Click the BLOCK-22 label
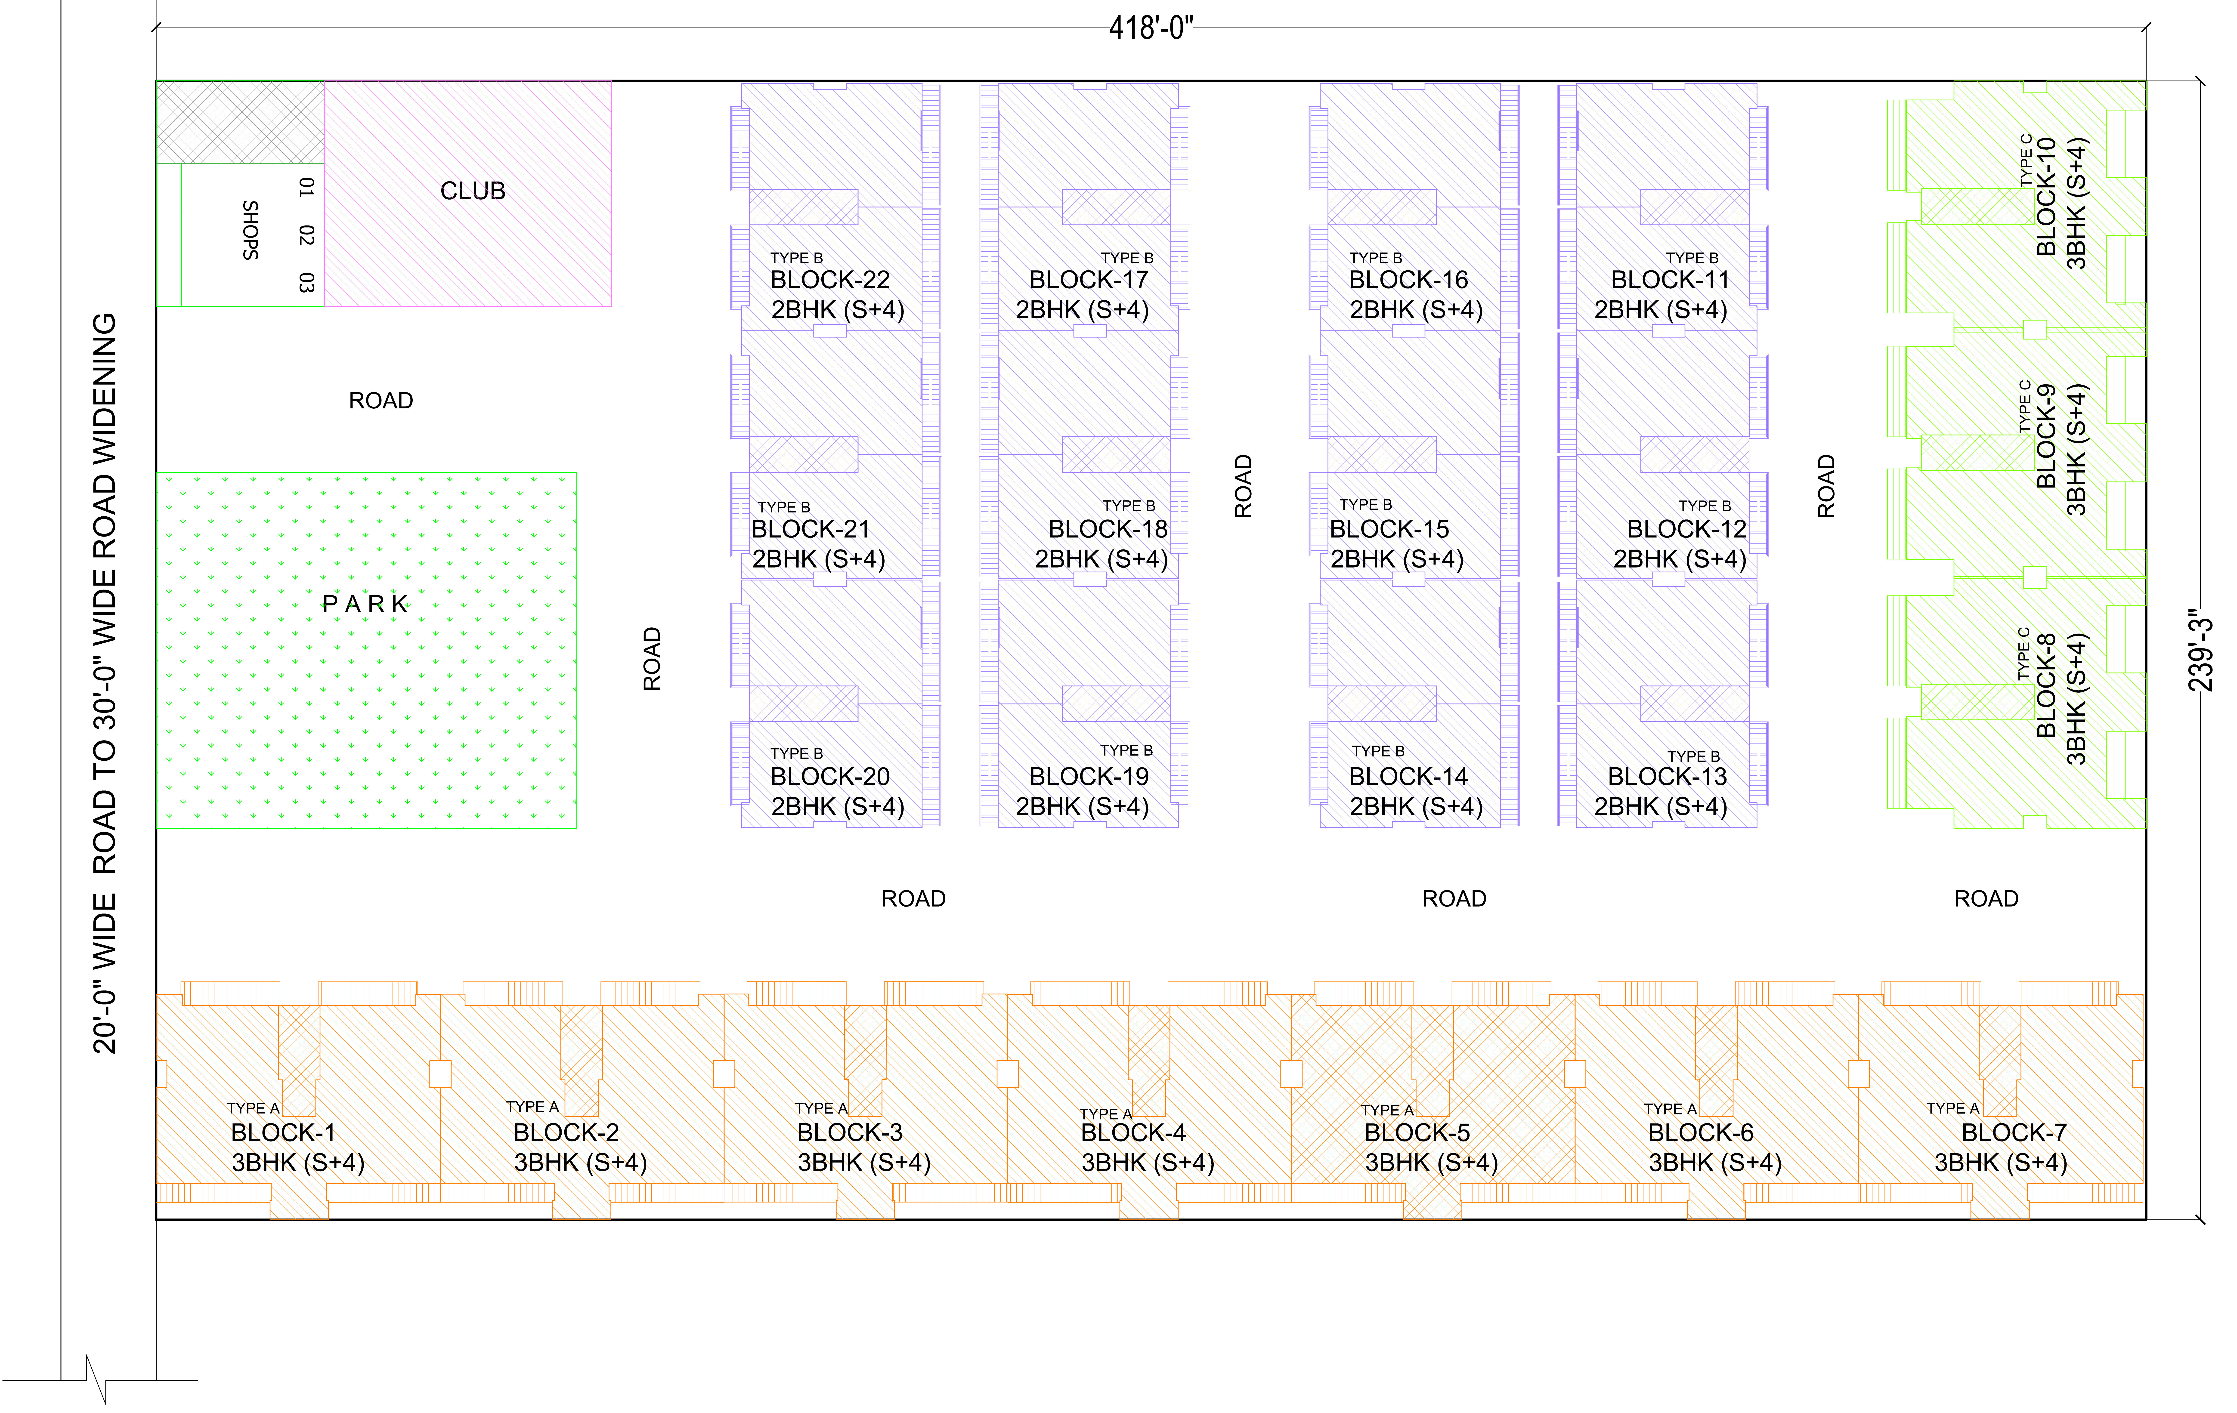pyautogui.click(x=829, y=280)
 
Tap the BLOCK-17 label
pyautogui.click(x=1089, y=280)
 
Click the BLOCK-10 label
pyautogui.click(x=2046, y=197)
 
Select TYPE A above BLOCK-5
pyautogui.click(x=1387, y=1110)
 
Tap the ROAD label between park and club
pyautogui.click(x=381, y=400)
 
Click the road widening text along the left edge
pyautogui.click(x=105, y=683)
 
